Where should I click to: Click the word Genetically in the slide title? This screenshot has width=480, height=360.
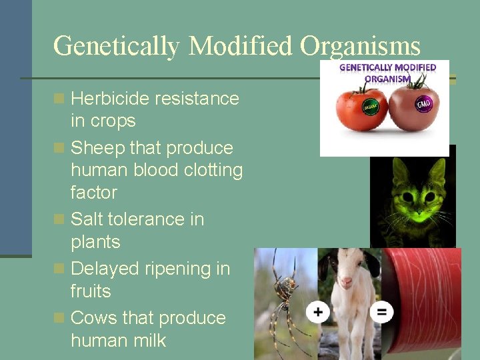117,47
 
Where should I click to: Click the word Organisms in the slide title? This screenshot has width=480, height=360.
360,47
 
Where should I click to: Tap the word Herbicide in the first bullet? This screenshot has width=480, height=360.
111,99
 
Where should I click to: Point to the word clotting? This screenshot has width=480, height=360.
213,170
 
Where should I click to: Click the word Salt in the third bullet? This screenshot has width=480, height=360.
89,219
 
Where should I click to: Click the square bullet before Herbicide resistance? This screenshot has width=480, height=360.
59,99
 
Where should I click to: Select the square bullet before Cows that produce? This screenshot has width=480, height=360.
59,318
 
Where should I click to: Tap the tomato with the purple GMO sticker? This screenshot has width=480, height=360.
414,108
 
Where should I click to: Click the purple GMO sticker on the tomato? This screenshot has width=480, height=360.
423,105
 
